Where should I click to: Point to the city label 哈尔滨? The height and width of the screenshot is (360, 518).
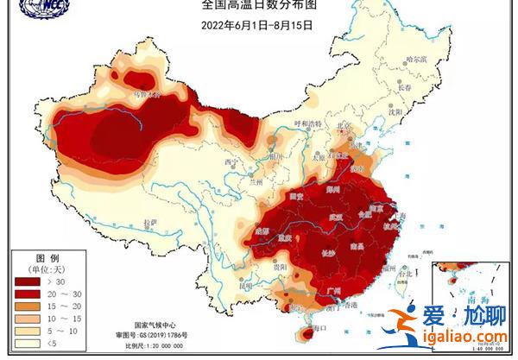[x=416, y=60]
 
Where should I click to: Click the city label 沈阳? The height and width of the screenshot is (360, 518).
[x=396, y=111]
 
